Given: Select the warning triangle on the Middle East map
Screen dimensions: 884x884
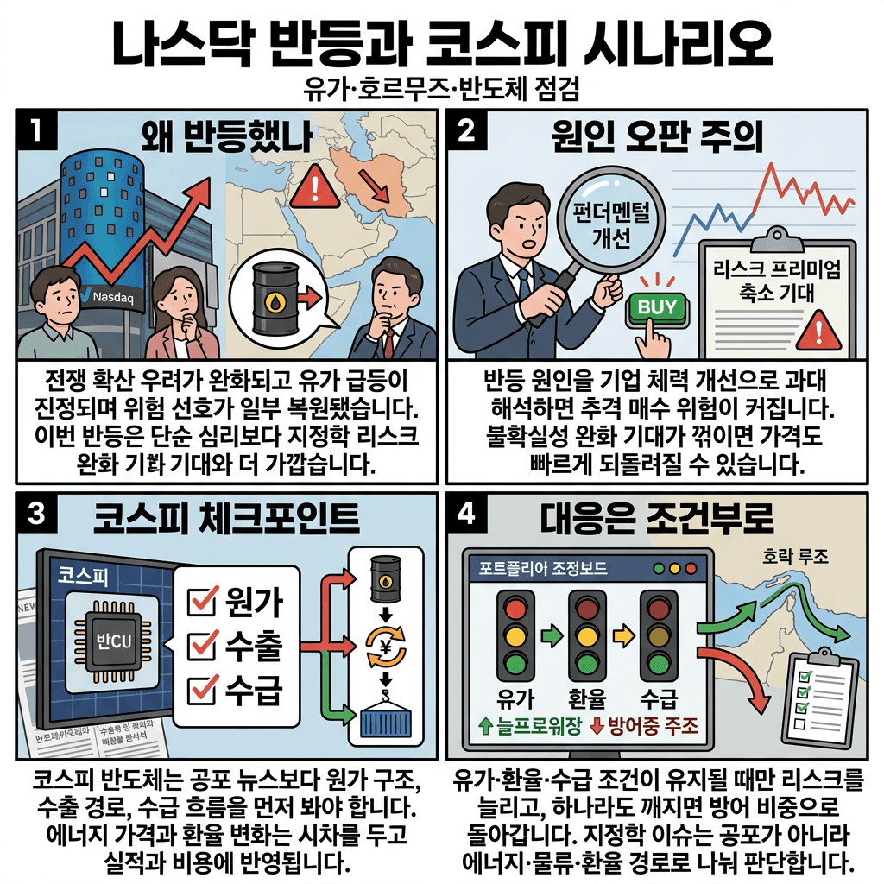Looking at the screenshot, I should pyautogui.click(x=309, y=188).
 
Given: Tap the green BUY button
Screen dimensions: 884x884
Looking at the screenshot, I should pyautogui.click(x=658, y=306).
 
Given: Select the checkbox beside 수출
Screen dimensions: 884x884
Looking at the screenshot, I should pyautogui.click(x=201, y=645).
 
